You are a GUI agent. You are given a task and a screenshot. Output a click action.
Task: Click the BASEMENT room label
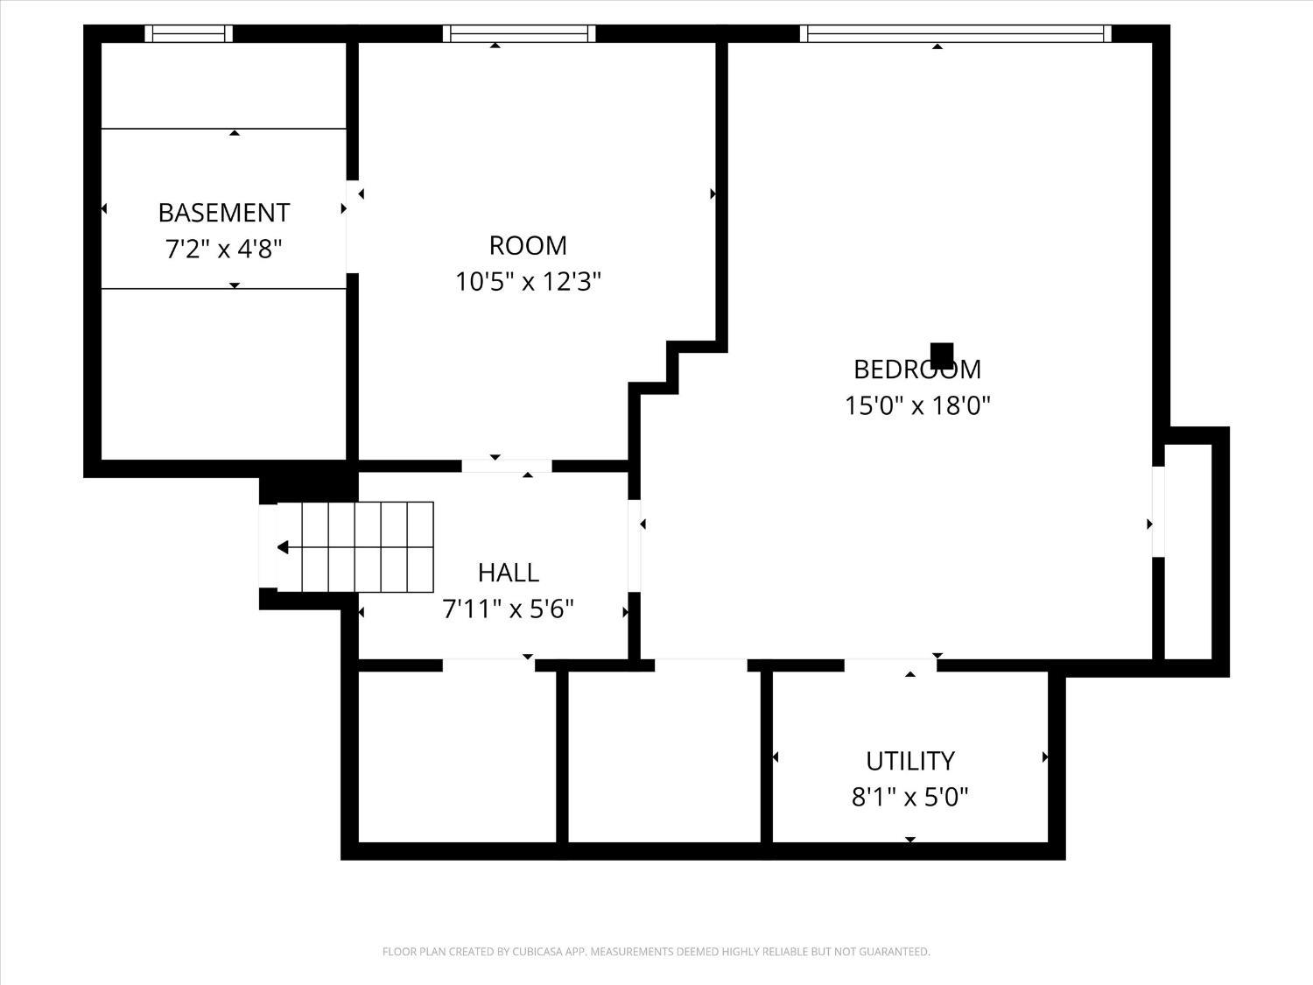(223, 213)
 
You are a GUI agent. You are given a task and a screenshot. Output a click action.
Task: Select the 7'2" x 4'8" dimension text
(223, 250)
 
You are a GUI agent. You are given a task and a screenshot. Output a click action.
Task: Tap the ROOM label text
(527, 245)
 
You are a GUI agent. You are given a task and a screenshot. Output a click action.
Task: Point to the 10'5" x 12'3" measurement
(527, 282)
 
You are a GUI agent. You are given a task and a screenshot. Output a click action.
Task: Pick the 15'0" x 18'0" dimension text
(916, 406)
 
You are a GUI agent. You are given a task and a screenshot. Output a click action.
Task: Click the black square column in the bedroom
(942, 355)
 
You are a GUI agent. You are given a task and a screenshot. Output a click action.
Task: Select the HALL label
(508, 573)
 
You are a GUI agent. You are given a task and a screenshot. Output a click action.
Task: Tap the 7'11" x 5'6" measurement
(508, 609)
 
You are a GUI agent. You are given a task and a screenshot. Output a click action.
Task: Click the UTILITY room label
(909, 761)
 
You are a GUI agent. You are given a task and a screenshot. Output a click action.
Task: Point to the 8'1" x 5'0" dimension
(909, 798)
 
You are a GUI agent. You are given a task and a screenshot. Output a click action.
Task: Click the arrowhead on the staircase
(283, 547)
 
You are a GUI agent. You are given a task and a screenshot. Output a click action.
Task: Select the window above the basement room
(188, 33)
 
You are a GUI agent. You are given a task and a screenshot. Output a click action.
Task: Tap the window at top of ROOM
(519, 33)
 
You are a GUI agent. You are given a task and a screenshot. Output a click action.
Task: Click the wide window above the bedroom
(955, 33)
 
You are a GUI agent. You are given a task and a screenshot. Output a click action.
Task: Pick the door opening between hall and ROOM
(507, 466)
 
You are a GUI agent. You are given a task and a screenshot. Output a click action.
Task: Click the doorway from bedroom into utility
(890, 665)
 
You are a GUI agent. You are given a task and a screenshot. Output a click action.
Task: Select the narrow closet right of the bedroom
(1188, 552)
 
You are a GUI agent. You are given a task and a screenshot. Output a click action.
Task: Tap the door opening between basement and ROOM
(352, 227)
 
